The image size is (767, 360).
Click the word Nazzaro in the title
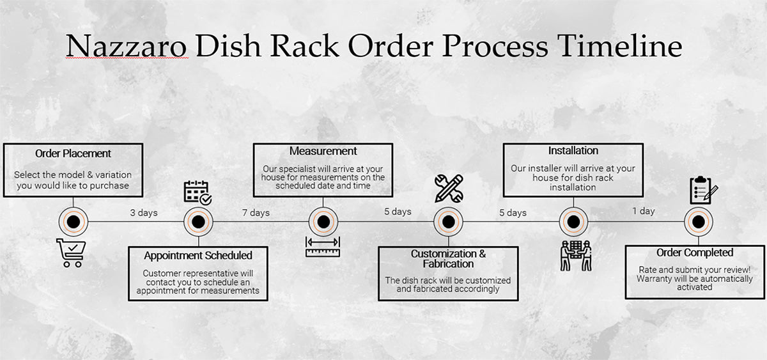(127, 48)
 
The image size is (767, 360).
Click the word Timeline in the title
(619, 48)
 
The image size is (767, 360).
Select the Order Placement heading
(73, 153)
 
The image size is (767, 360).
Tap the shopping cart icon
(70, 253)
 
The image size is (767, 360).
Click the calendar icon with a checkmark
(198, 192)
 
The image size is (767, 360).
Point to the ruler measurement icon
(323, 247)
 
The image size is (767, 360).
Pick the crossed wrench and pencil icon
(448, 188)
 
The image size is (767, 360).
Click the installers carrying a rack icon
(575, 255)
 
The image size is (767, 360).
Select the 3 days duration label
(144, 212)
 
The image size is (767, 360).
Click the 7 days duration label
(256, 212)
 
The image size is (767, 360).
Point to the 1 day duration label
(643, 211)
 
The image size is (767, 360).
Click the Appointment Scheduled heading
(198, 256)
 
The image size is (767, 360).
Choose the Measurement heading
(323, 152)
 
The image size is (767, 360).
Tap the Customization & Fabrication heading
(448, 258)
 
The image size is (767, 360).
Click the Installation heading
(573, 151)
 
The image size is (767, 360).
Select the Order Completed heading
(695, 253)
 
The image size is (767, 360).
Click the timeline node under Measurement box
(323, 222)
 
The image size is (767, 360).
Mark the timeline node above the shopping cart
(73, 222)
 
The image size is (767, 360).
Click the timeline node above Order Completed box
(698, 222)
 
